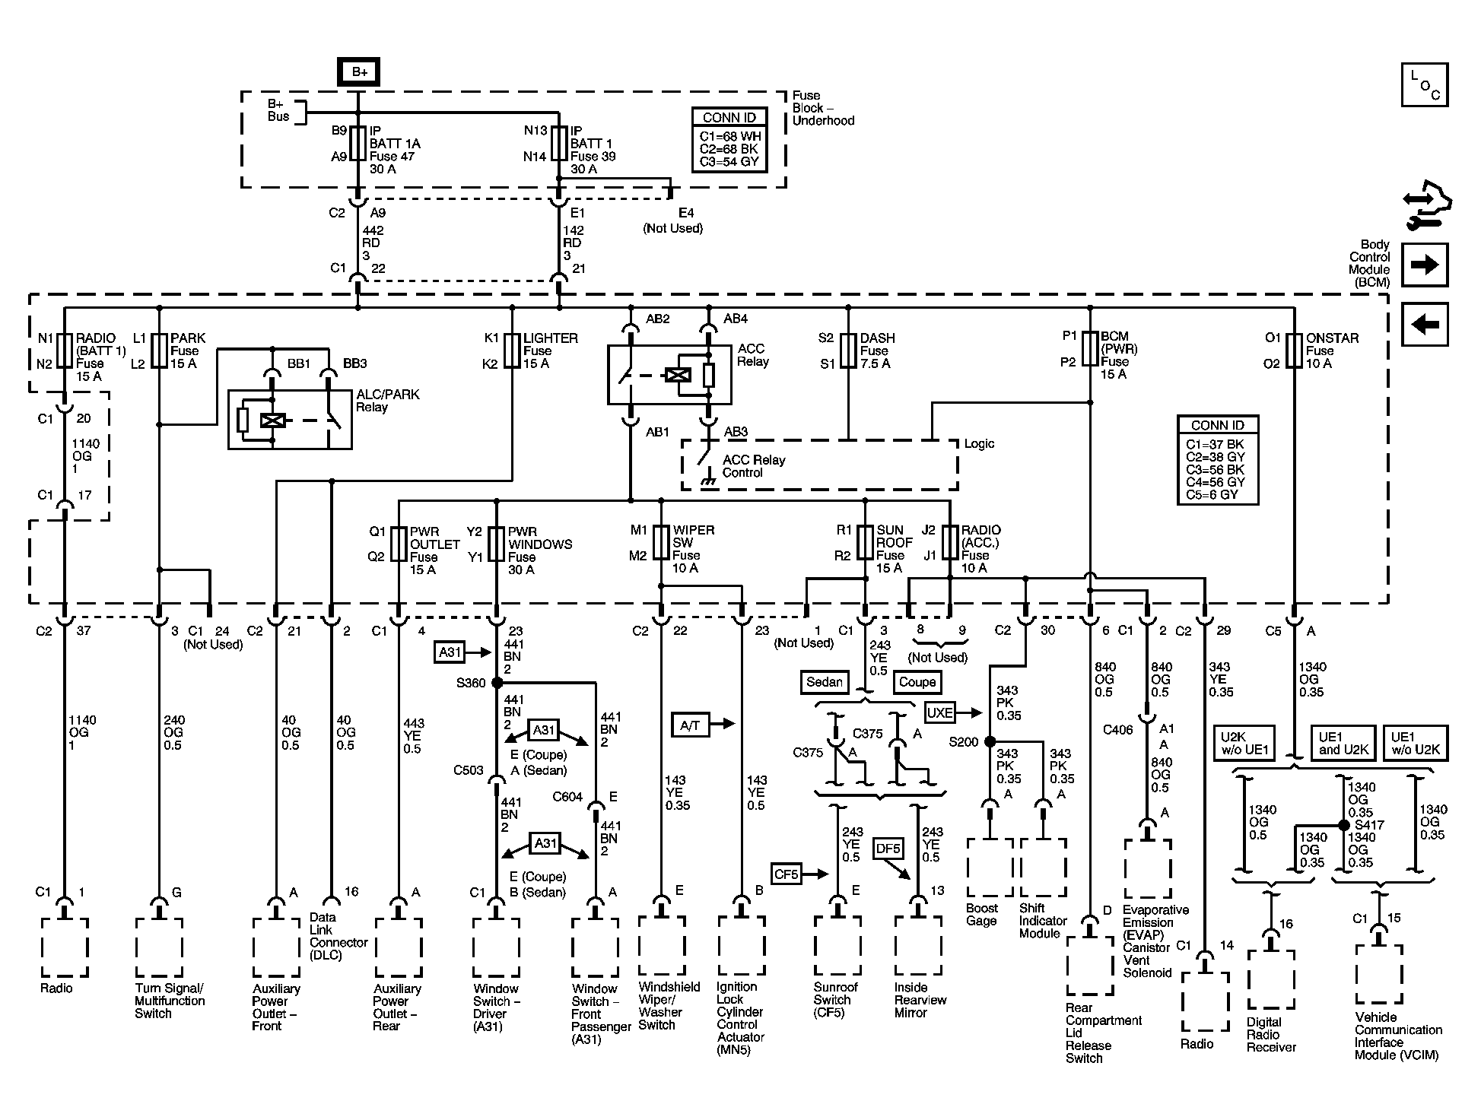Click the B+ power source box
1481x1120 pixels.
coord(359,72)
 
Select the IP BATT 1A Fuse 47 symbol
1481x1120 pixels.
coord(358,143)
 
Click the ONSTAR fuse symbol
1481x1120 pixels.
coord(1294,351)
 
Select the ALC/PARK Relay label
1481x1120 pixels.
coord(388,401)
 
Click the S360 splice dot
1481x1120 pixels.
coord(497,683)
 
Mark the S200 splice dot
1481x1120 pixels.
coord(990,741)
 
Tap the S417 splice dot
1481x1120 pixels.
coord(1344,824)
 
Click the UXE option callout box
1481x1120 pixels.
coord(940,712)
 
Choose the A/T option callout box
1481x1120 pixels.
coord(690,725)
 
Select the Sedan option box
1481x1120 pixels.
coord(825,682)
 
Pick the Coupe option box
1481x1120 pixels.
coord(917,682)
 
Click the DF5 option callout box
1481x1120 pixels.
coord(888,848)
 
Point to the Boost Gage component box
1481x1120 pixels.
coord(990,868)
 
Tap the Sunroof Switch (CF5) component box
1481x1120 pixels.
coord(837,946)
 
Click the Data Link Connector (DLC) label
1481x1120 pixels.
coord(338,936)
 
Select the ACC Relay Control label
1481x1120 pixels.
coord(753,466)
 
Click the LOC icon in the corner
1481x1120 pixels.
coord(1425,84)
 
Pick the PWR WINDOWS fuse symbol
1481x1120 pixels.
coord(496,544)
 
